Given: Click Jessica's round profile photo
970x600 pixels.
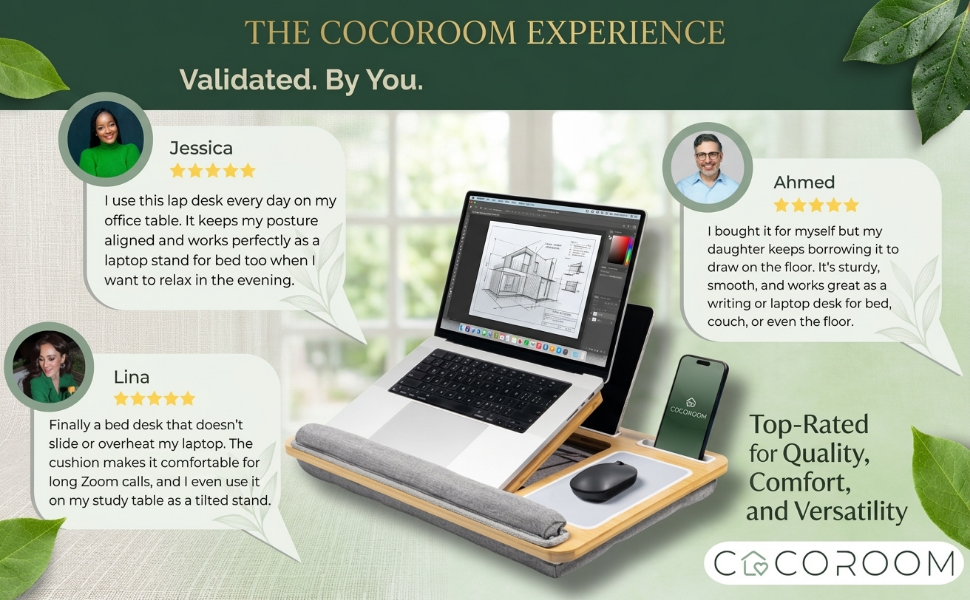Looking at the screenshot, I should (105, 140).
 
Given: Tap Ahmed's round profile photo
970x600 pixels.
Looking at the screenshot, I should (708, 168).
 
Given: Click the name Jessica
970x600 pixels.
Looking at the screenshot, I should (201, 148).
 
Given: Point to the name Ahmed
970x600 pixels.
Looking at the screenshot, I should (804, 183).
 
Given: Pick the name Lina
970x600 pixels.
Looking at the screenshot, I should (132, 377).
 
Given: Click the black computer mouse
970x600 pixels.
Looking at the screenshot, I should (603, 480).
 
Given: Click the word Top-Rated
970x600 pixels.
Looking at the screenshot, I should (809, 424).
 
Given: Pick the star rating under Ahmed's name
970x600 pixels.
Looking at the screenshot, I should (816, 206).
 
